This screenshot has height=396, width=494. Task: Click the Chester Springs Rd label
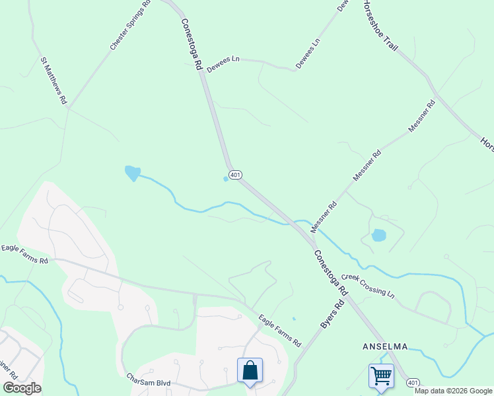tap(130, 25)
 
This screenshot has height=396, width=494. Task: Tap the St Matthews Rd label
tap(54, 81)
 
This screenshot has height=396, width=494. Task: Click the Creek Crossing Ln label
tap(368, 285)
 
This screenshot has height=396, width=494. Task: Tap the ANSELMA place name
tap(385, 346)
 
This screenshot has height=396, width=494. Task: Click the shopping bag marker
tap(250, 371)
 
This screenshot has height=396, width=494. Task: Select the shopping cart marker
tap(381, 376)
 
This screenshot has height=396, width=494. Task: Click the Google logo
tap(22, 388)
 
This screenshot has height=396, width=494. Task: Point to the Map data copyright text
tap(453, 391)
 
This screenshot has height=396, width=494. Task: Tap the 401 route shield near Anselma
tap(413, 382)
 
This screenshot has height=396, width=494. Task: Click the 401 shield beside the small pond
tap(236, 175)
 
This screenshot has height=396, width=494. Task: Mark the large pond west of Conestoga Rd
tap(132, 173)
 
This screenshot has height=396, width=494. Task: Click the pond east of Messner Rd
tap(378, 235)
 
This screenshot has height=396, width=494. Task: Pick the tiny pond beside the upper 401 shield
tap(226, 178)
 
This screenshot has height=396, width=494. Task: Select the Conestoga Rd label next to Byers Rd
tap(330, 271)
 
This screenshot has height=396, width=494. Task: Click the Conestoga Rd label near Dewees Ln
tap(191, 43)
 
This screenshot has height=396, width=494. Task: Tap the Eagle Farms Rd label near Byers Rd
tap(279, 331)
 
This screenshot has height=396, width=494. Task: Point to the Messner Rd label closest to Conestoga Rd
tap(324, 215)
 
